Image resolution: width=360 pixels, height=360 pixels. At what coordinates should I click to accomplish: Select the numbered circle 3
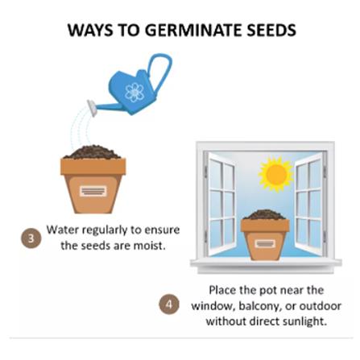click(31, 238)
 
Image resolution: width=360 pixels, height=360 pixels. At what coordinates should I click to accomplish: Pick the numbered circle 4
click(169, 304)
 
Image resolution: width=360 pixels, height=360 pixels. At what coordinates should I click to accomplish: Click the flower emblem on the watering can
click(134, 92)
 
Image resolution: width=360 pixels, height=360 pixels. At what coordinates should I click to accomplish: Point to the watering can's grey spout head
click(92, 108)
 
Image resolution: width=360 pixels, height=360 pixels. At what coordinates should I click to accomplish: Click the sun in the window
click(276, 175)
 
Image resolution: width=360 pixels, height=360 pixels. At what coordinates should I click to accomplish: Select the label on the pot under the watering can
click(93, 191)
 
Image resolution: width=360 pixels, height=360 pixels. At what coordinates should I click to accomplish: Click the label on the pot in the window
click(265, 244)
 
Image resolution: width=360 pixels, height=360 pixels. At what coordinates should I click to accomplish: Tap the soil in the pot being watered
click(93, 152)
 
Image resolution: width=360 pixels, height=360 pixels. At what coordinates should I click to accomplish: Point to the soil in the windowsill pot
click(265, 215)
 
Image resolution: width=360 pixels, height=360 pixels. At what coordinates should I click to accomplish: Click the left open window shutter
click(220, 204)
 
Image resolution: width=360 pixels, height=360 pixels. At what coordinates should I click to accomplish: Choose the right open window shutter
click(310, 204)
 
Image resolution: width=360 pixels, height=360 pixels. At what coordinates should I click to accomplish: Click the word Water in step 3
click(63, 230)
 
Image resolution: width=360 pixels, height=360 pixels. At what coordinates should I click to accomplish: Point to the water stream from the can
click(79, 127)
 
